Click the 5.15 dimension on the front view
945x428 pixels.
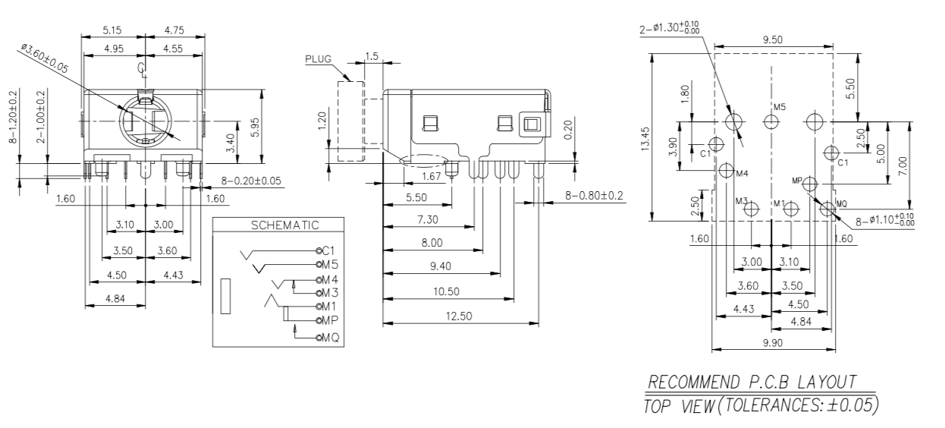113,31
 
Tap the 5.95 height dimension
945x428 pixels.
257,127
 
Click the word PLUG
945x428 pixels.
319,58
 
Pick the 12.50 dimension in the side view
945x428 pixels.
460,316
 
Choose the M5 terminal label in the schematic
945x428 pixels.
328,265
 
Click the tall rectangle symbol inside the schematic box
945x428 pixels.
225,296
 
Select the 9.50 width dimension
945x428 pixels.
773,40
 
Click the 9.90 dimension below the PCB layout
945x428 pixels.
773,343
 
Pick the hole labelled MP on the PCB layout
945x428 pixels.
810,183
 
